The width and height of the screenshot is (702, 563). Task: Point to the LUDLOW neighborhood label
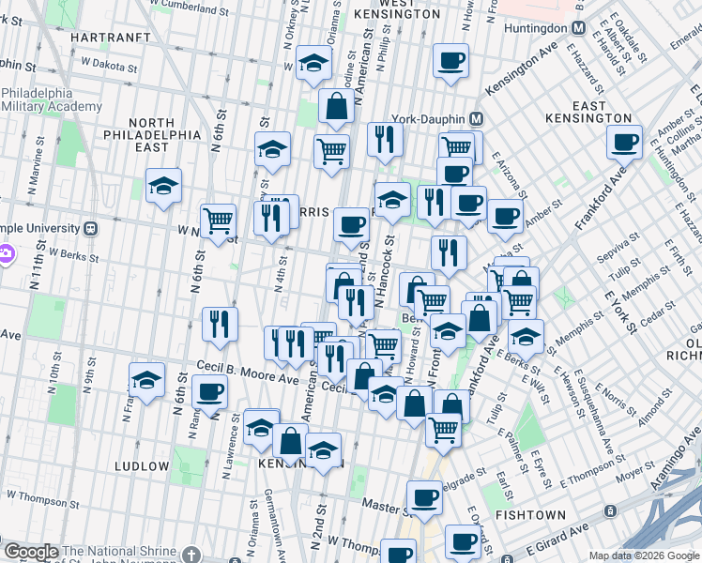point(142,465)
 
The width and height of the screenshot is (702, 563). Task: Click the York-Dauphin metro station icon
point(476,119)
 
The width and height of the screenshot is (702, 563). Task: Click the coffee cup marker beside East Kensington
point(624,143)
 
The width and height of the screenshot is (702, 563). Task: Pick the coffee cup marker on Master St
point(424,497)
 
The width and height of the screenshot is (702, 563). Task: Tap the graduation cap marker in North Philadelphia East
point(163,186)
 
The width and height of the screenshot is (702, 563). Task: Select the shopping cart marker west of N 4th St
point(218,221)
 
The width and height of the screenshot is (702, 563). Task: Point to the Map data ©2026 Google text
point(644,555)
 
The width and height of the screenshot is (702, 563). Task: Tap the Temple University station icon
point(91,227)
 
